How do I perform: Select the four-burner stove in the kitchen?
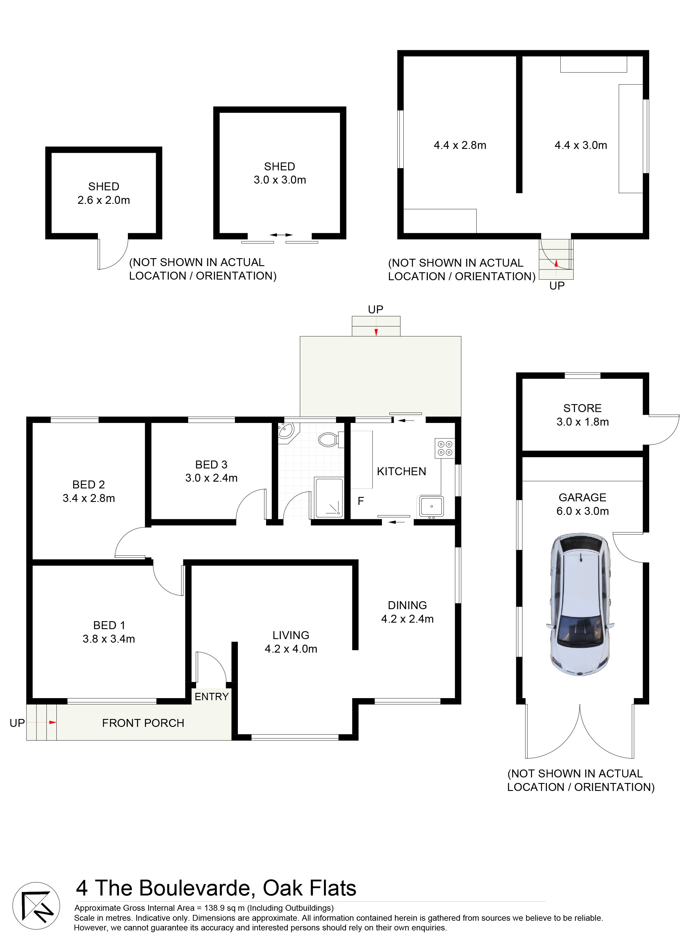(445, 448)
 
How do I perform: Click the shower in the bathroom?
(329, 498)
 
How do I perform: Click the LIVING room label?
(291, 635)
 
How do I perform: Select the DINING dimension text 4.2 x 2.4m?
(408, 619)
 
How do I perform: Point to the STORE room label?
(582, 408)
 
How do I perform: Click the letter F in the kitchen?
(361, 501)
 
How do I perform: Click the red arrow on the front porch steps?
(52, 722)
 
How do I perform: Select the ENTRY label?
(212, 697)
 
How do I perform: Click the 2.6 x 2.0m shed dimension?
(103, 200)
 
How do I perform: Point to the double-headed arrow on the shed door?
(281, 235)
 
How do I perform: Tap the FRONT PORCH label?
(143, 723)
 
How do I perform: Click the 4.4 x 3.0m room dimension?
(581, 145)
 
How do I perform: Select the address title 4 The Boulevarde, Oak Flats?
(216, 889)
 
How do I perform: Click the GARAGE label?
(582, 498)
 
